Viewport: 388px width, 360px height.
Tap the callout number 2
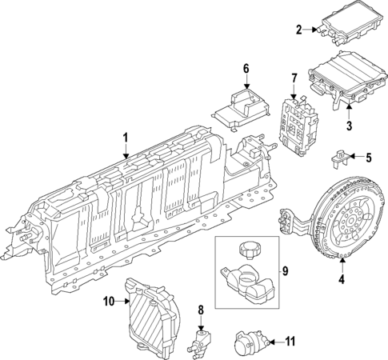click(298, 30)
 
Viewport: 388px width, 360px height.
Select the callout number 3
click(349, 126)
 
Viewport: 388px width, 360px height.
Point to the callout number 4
click(341, 279)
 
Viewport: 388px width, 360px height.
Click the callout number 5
click(370, 157)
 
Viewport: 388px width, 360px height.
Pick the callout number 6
click(246, 70)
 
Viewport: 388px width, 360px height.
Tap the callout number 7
click(294, 78)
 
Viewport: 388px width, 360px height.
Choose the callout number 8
click(202, 309)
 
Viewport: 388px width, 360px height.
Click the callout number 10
click(110, 302)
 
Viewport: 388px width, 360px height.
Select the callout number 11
click(290, 342)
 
